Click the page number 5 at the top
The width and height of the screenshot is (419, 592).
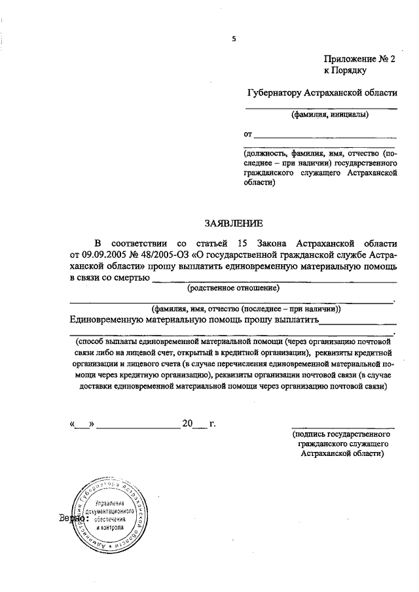[234, 39]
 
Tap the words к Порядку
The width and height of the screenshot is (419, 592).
[345, 69]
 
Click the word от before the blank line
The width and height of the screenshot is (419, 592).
[248, 135]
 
